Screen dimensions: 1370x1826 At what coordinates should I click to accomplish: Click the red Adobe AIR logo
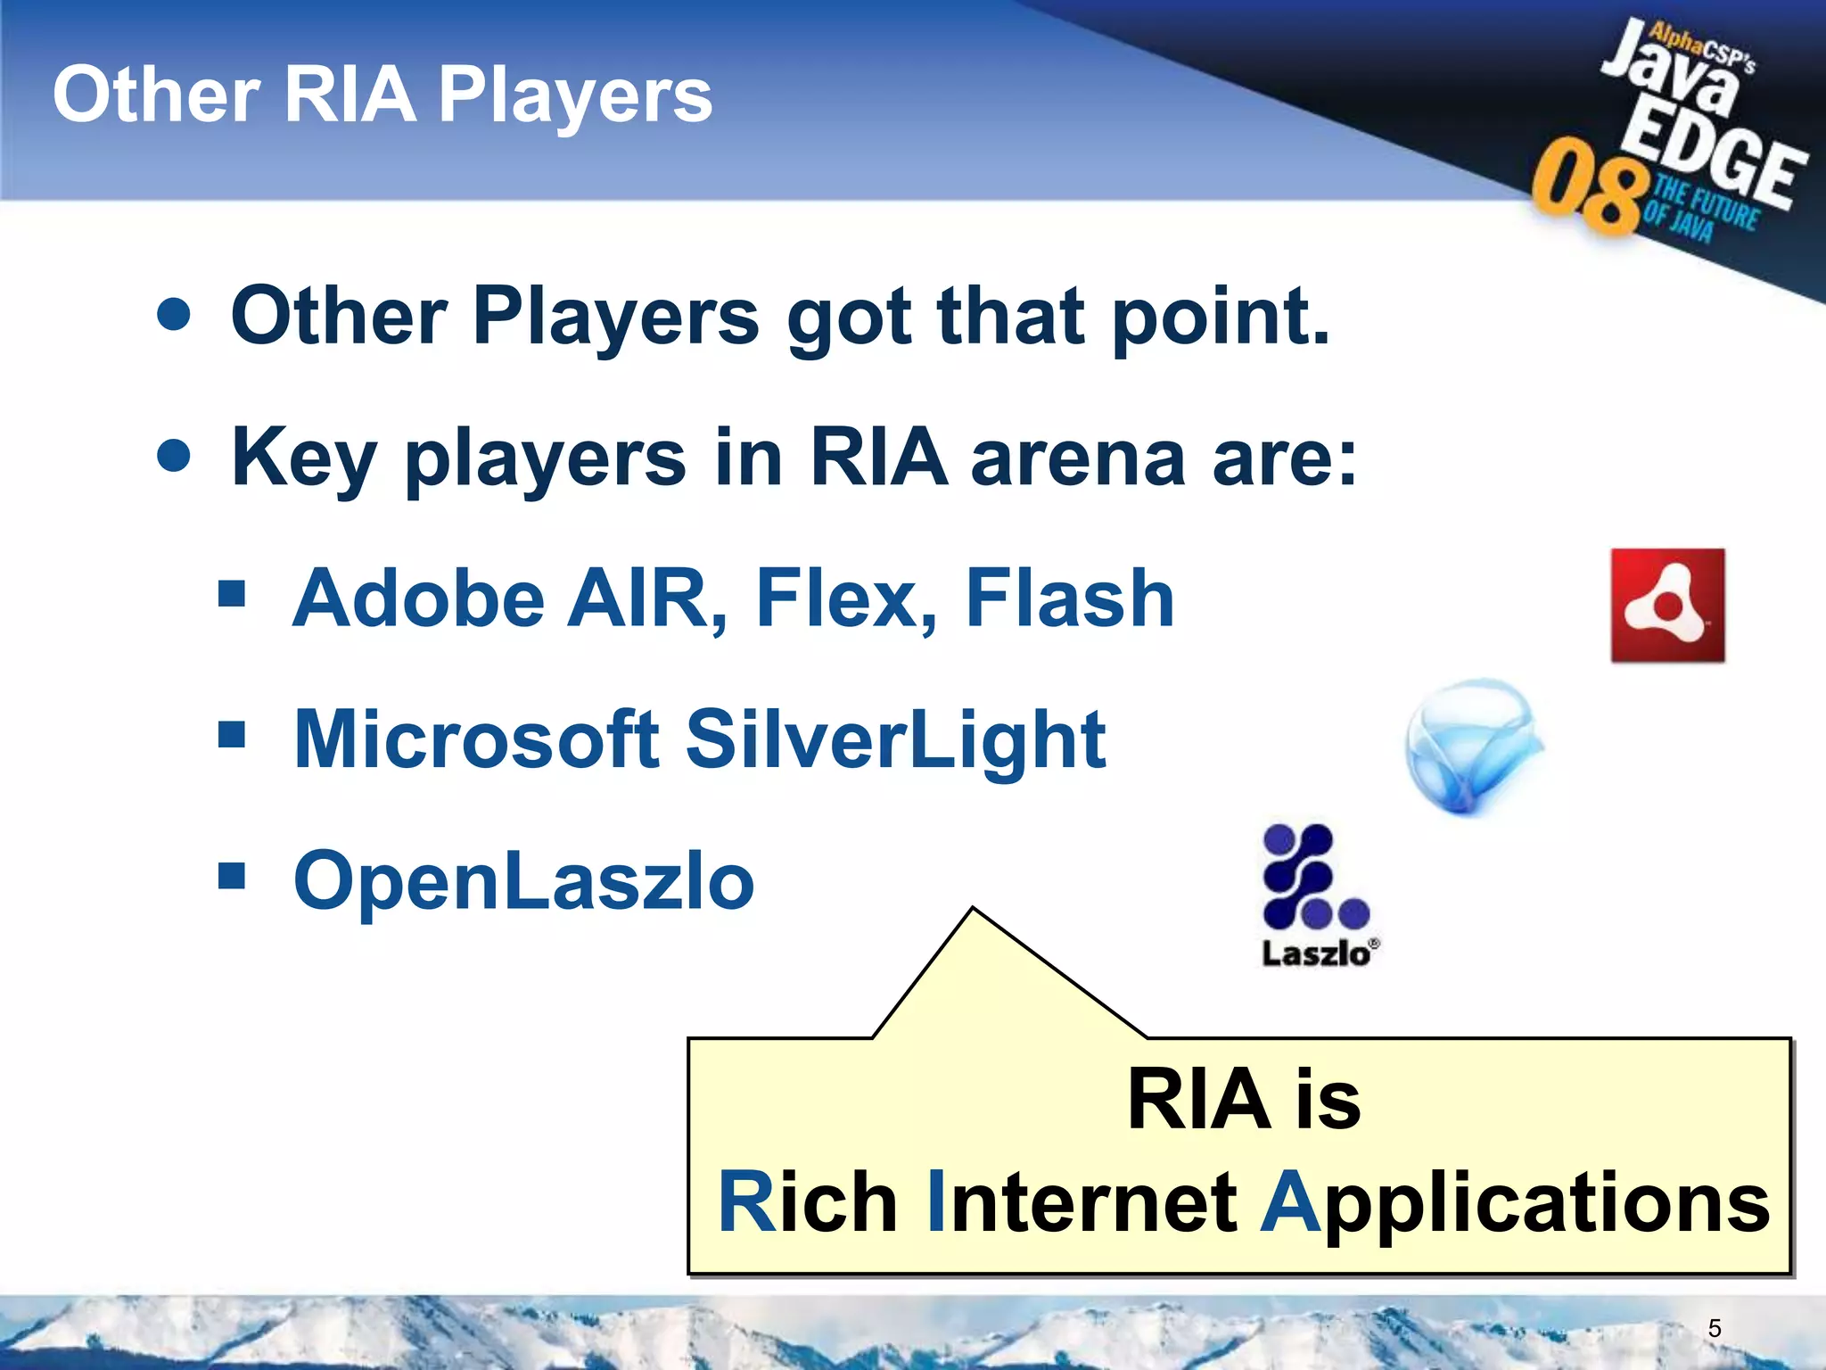[1667, 606]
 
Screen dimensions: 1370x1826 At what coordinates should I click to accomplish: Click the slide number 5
[1715, 1328]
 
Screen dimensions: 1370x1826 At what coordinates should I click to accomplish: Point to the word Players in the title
[575, 96]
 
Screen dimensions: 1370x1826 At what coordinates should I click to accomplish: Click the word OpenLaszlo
[524, 881]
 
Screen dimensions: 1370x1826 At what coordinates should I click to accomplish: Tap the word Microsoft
[476, 739]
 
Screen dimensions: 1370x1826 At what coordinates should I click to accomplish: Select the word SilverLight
[895, 741]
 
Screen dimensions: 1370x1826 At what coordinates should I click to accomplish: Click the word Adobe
[418, 598]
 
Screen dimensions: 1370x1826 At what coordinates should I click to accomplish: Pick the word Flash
[1070, 598]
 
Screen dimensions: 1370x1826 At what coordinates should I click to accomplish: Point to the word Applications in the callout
[1515, 1203]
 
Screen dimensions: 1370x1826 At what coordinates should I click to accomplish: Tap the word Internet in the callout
[1082, 1203]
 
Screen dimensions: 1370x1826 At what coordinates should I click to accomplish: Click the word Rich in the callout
[808, 1203]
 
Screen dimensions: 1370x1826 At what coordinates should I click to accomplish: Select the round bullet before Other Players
[174, 315]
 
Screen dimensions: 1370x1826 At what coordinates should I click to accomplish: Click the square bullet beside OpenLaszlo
[232, 876]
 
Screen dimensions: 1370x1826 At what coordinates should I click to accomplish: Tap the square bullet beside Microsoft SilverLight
[232, 735]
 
